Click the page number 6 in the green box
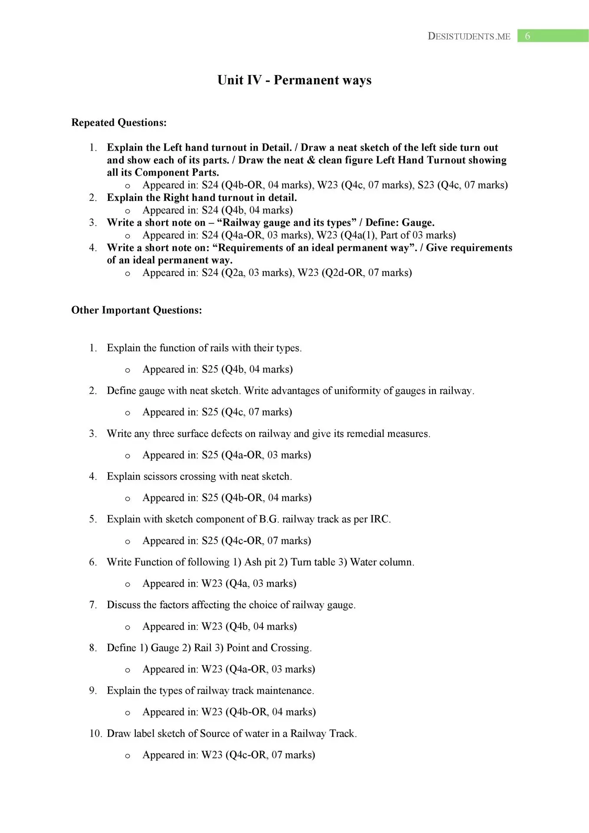pos(527,36)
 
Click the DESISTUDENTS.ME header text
pos(469,36)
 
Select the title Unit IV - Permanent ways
pos(294,80)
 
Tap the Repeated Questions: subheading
pos(119,123)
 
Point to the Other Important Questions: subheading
pos(137,310)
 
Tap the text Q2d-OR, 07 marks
pos(366,273)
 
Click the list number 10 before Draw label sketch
pos(95,734)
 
